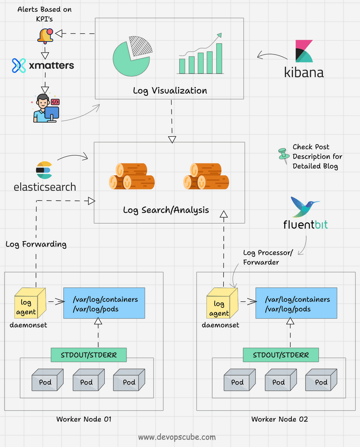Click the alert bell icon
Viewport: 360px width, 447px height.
coord(46,34)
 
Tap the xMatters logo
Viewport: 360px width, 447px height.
coord(43,66)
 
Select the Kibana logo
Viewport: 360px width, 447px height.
coord(304,59)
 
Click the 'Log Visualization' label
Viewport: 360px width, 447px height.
coord(170,90)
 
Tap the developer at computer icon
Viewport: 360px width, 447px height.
coord(46,108)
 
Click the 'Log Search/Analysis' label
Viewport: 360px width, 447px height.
coord(166,210)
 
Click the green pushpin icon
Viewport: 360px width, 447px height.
coord(282,155)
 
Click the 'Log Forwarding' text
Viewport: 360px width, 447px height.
coord(36,244)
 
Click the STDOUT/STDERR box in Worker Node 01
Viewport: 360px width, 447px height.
coord(89,355)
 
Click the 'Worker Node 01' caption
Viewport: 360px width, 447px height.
coord(84,419)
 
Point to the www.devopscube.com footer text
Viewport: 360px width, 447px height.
coord(177,437)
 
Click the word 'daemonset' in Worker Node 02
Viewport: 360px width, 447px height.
coord(220,325)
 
